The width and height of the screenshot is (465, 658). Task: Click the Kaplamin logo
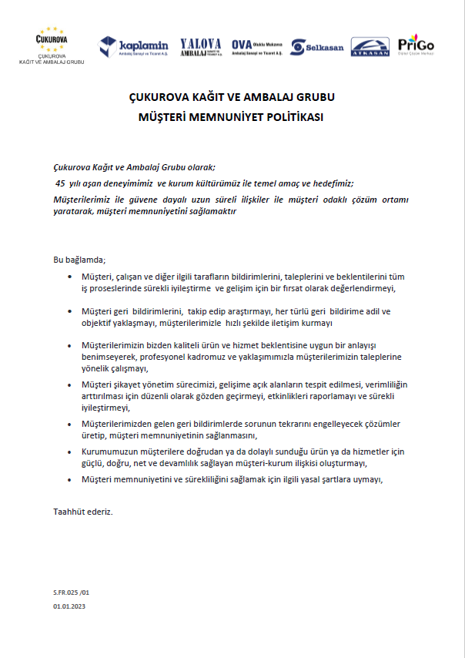[x=134, y=48]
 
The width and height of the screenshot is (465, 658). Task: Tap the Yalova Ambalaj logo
[x=201, y=48]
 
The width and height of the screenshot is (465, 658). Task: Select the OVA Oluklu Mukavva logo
[x=256, y=47]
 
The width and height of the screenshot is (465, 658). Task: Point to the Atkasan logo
[x=370, y=47]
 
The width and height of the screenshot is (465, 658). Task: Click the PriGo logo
[x=416, y=45]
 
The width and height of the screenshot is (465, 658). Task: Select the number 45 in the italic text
[x=61, y=183]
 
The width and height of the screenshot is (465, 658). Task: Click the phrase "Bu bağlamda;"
[x=79, y=260]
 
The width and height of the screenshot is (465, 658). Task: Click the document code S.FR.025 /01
[x=72, y=593]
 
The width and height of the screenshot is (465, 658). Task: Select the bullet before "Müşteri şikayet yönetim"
[x=69, y=384]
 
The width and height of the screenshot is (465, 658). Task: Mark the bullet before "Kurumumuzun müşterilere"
[x=69, y=454]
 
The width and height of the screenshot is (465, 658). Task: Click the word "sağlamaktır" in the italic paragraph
[x=211, y=211]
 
